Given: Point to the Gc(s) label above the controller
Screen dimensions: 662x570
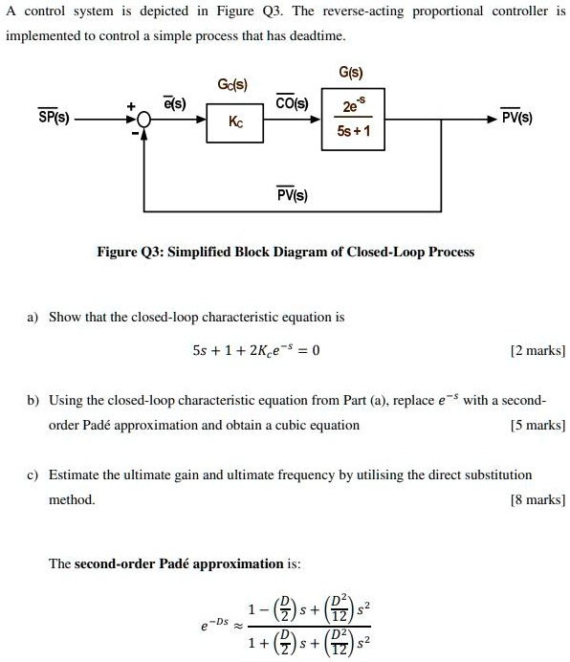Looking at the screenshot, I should click(x=233, y=86).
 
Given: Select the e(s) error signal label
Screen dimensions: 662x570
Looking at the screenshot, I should click(x=175, y=102).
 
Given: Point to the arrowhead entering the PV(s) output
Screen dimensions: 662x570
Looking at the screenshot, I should click(x=492, y=119).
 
